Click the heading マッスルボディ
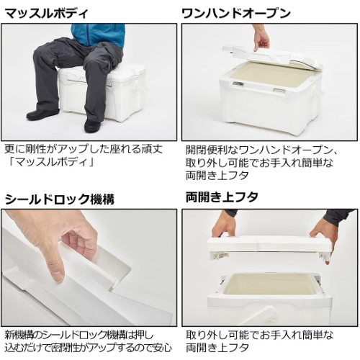pos(46,14)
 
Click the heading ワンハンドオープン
pos(236,14)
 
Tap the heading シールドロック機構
pos(60,199)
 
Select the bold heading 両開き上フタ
pos(222,197)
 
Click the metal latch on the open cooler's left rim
pos(238,84)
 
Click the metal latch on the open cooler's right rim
pos(279,90)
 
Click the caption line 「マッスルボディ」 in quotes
pos(50,162)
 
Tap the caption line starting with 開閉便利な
pos(261,150)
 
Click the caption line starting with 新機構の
pos(79,335)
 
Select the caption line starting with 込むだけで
pos(89,348)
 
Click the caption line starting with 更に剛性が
pos(84,149)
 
